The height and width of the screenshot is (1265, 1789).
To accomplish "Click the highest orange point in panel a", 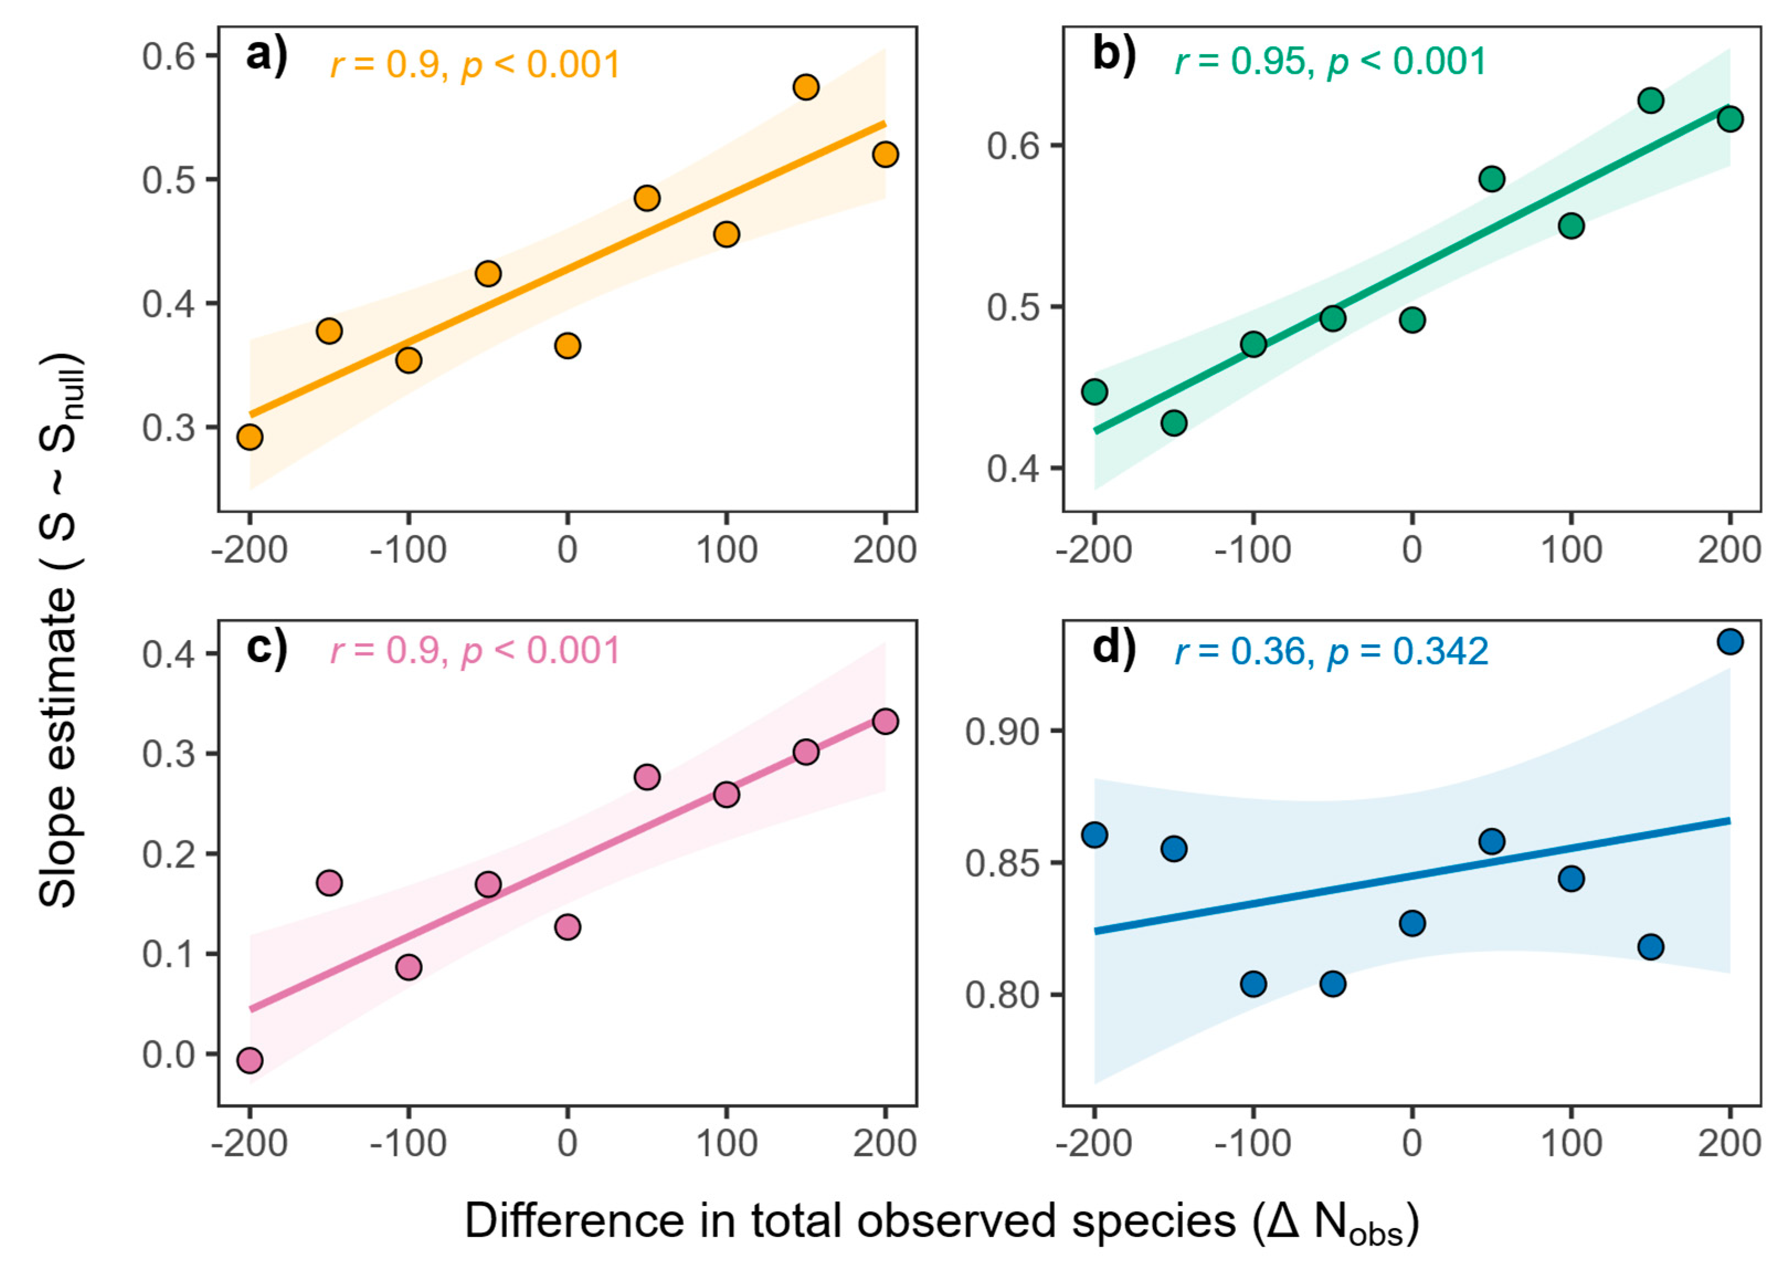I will click(806, 87).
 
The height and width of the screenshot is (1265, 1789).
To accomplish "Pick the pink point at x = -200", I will click(250, 1060).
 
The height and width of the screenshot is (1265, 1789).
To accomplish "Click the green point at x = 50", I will click(1491, 178).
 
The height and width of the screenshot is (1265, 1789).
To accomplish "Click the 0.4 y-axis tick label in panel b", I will click(1013, 469).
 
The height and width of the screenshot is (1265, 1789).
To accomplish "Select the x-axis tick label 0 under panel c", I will click(567, 1144).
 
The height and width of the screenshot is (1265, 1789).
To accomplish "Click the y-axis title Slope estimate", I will click(59, 631).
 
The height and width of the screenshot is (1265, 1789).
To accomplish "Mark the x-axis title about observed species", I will click(941, 1222).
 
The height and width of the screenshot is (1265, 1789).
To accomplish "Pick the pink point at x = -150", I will click(329, 883).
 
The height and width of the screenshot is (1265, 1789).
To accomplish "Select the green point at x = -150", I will click(1173, 422).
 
